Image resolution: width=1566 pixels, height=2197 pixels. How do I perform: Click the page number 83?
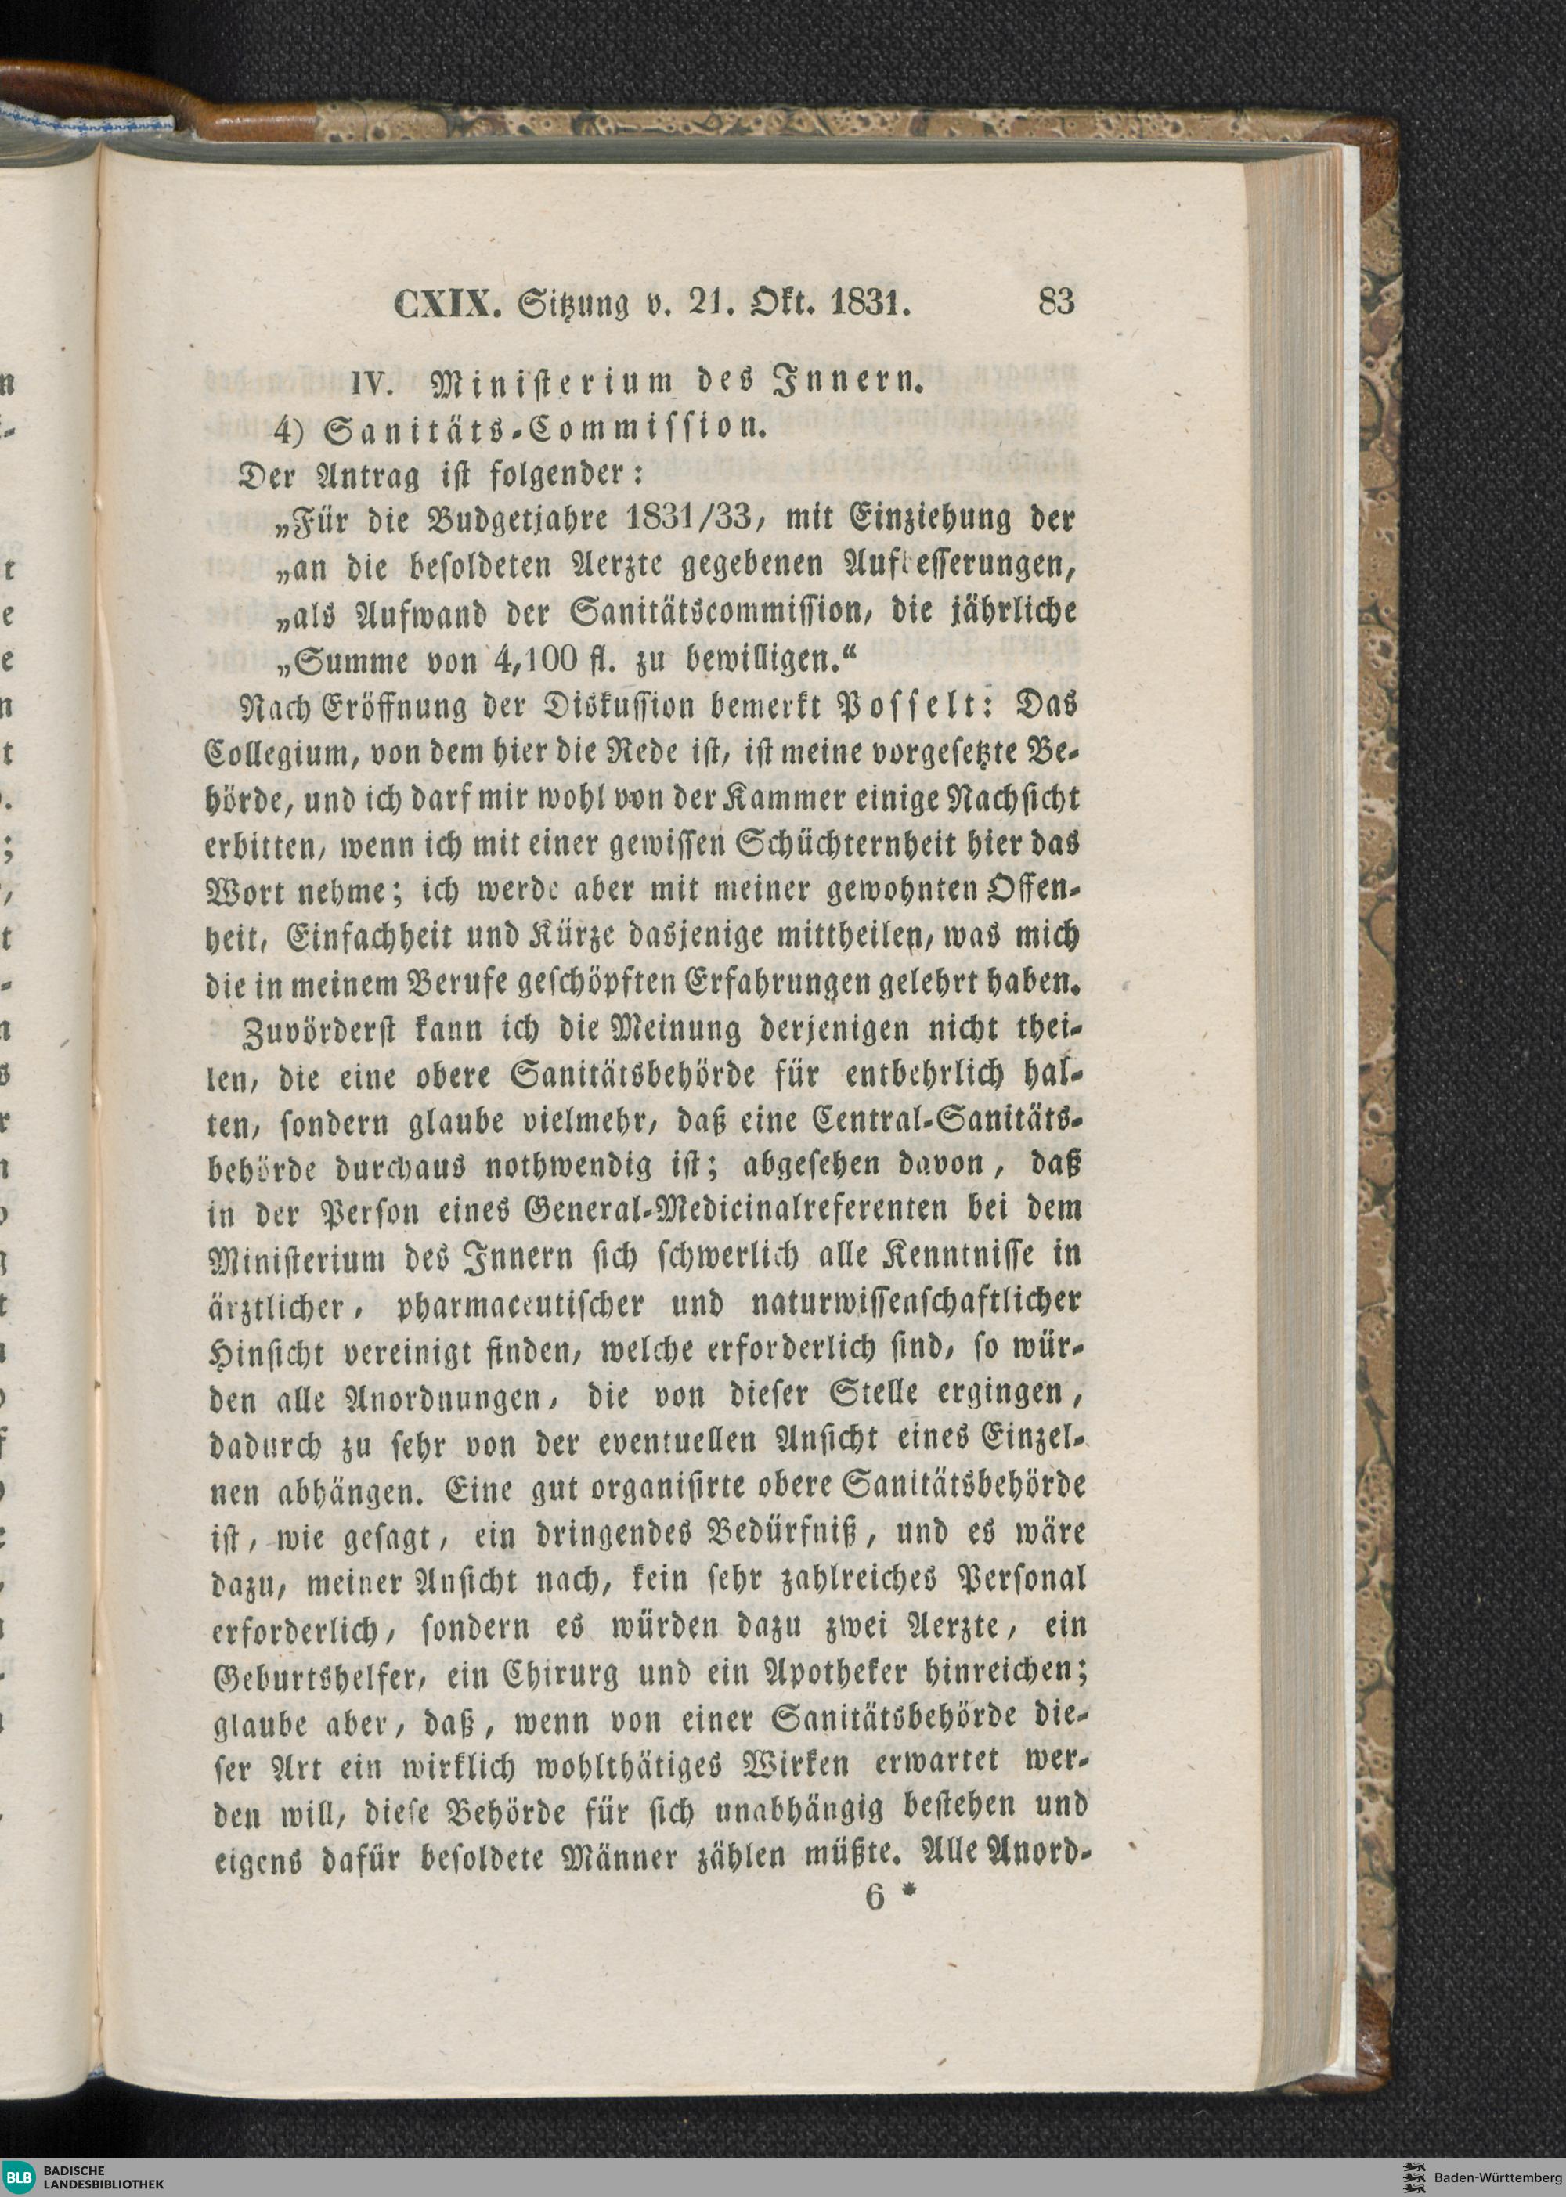(1056, 303)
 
